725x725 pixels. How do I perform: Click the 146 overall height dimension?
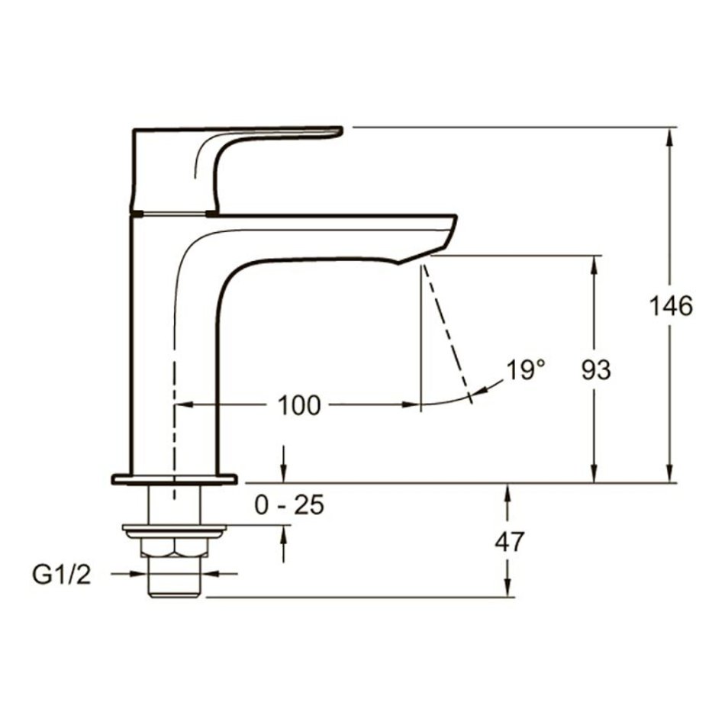[671, 305]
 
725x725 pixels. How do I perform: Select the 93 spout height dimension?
[596, 370]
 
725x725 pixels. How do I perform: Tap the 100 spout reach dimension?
[298, 405]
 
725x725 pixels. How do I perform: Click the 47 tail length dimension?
[510, 541]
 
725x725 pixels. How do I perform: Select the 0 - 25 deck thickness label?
[289, 505]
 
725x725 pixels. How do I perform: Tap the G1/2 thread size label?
[62, 575]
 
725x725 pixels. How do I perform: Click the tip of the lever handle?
[341, 131]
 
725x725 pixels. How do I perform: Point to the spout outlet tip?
[398, 263]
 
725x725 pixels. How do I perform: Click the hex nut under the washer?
[175, 547]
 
